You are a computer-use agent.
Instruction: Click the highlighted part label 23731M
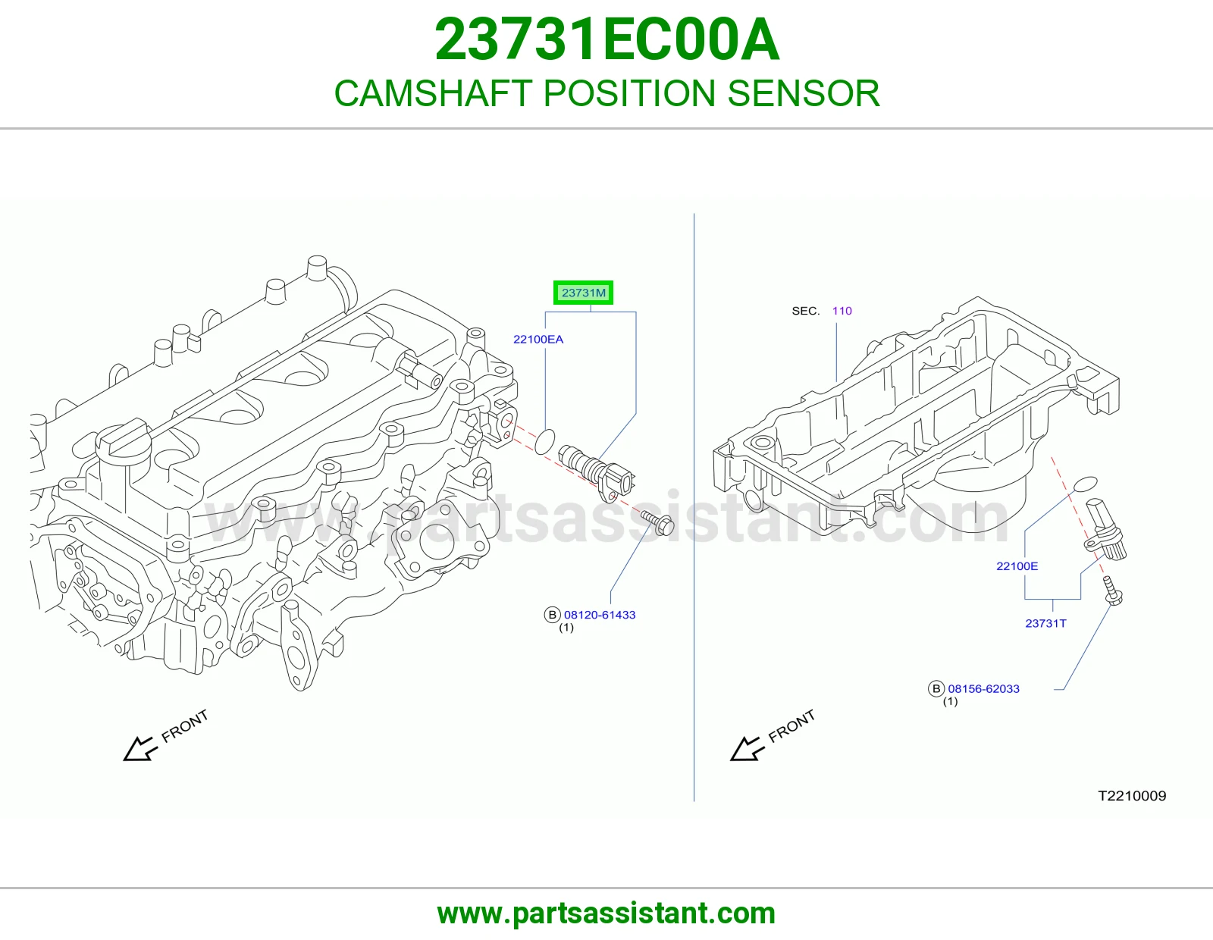point(583,293)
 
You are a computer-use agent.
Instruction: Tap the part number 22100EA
point(538,340)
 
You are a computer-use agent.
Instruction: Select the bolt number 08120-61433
point(600,615)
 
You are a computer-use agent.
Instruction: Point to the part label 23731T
point(1045,623)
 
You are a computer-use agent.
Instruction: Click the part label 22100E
point(1017,566)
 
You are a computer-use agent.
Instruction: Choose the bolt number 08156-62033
point(983,689)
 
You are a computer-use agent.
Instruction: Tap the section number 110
point(842,311)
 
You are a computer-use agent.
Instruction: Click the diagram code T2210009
point(1132,796)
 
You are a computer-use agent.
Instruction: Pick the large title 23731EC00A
point(606,39)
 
